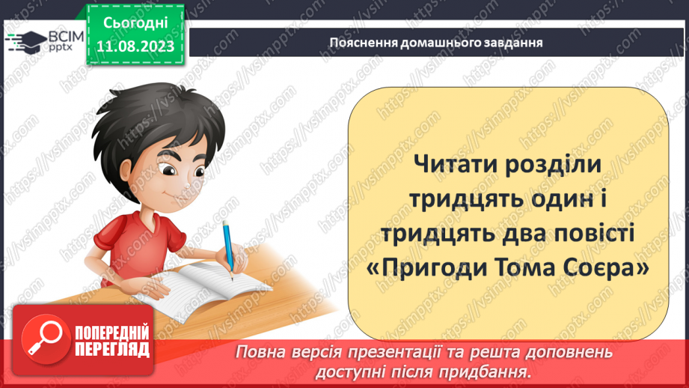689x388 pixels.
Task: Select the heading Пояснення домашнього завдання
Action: point(435,42)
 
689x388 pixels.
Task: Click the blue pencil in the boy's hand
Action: point(228,246)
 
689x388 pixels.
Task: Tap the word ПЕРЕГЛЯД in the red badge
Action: point(111,349)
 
